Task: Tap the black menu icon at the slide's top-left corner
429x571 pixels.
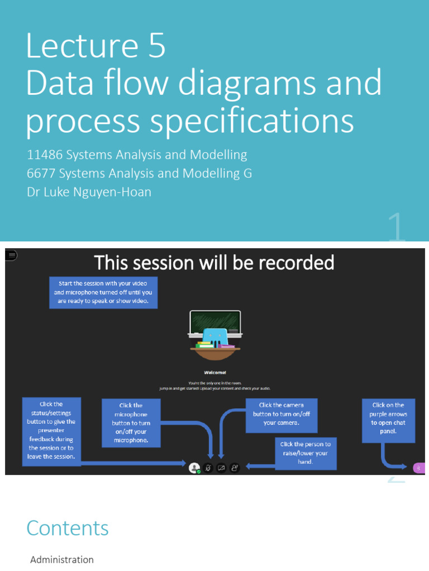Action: click(x=11, y=255)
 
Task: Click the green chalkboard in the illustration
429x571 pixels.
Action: click(x=215, y=322)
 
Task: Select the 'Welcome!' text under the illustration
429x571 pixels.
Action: click(x=214, y=372)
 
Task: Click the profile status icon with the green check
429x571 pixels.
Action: click(x=194, y=468)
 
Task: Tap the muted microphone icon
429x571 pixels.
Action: click(x=208, y=468)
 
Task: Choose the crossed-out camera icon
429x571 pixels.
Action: click(x=221, y=468)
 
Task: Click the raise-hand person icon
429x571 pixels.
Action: click(x=235, y=468)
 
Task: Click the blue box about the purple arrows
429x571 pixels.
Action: click(x=388, y=419)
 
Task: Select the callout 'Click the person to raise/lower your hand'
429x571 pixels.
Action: click(x=305, y=453)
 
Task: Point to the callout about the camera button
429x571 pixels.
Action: click(x=281, y=414)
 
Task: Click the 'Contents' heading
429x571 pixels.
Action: click(x=68, y=528)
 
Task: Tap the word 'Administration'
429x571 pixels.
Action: click(x=62, y=559)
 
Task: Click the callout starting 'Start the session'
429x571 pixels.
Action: click(x=103, y=292)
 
